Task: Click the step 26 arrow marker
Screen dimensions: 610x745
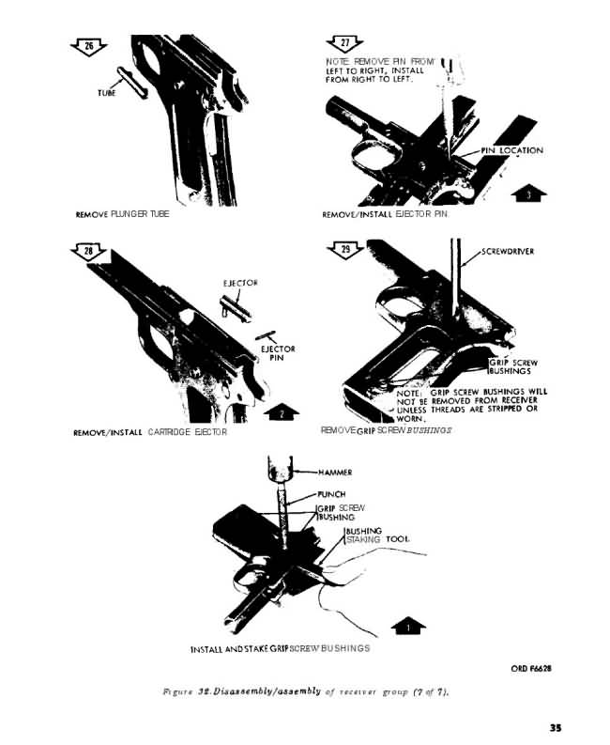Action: click(89, 48)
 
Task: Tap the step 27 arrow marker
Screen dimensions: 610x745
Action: click(345, 44)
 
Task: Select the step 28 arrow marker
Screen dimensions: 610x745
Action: click(88, 252)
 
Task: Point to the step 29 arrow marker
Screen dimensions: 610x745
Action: click(345, 250)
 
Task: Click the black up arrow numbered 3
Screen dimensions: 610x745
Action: click(529, 194)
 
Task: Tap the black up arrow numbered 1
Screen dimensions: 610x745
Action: click(408, 626)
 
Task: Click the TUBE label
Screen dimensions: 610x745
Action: click(107, 93)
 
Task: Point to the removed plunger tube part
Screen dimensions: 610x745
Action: click(132, 82)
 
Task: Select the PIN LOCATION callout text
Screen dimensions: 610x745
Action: click(512, 150)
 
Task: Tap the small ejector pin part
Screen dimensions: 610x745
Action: click(266, 335)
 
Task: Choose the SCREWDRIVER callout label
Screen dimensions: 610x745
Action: click(508, 252)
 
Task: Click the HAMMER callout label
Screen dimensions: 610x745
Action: click(335, 473)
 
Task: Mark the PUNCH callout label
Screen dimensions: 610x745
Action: click(331, 494)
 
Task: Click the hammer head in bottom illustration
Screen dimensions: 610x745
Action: click(280, 468)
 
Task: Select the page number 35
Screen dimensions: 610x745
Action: click(556, 727)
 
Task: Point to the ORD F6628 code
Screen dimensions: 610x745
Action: click(531, 668)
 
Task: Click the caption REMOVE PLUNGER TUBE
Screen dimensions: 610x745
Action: click(123, 214)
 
